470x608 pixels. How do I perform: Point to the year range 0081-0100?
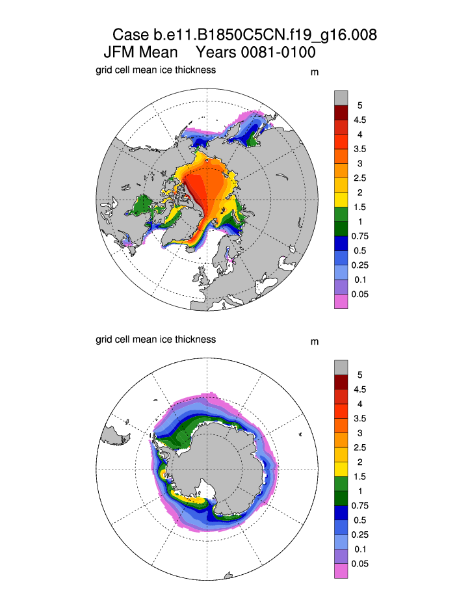(x=276, y=53)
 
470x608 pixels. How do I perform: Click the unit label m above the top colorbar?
(x=315, y=72)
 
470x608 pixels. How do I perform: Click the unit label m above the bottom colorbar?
(x=315, y=342)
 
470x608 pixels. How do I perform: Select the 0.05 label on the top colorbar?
(x=359, y=295)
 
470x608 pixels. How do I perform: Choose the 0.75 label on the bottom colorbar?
(x=359, y=506)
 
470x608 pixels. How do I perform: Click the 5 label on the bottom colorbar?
(x=359, y=375)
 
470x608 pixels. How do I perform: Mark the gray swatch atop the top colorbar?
(x=341, y=98)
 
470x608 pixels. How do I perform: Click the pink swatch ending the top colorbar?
(x=341, y=302)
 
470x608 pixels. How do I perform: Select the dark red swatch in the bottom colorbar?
(x=341, y=382)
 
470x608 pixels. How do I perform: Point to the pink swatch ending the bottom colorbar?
(x=341, y=571)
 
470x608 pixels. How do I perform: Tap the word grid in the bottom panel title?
(x=104, y=339)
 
